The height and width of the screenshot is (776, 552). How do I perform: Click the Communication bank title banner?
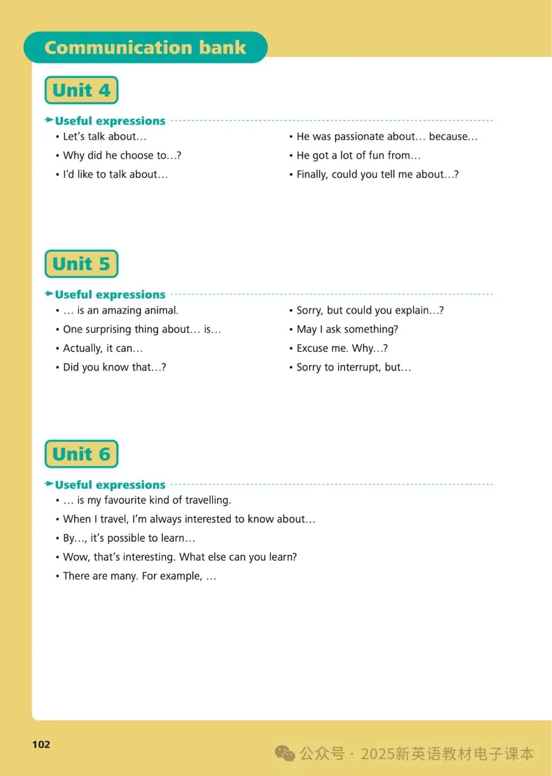click(x=145, y=48)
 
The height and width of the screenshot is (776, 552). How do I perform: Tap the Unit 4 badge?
click(x=81, y=91)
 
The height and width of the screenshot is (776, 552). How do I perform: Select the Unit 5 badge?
click(x=81, y=264)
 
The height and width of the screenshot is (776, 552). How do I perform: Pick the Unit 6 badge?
click(x=81, y=454)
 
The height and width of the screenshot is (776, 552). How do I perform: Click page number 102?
click(x=41, y=744)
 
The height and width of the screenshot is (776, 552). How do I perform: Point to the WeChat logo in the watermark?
click(x=285, y=753)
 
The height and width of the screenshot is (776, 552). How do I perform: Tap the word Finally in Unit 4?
click(x=312, y=174)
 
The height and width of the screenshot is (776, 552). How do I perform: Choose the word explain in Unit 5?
click(x=411, y=311)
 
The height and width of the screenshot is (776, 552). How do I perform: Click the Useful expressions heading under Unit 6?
click(x=110, y=485)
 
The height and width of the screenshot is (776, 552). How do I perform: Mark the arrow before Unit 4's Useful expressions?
click(x=49, y=120)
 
